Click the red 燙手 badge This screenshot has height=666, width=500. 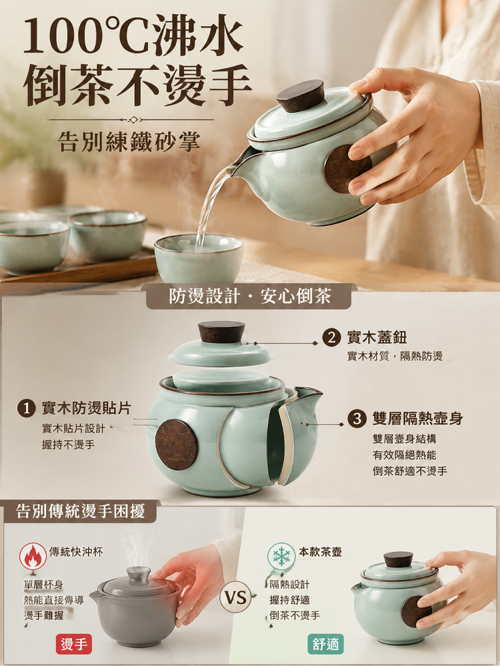pyautogui.click(x=74, y=644)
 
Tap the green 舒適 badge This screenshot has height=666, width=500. pyautogui.click(x=326, y=644)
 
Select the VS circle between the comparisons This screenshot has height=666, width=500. pyautogui.click(x=235, y=598)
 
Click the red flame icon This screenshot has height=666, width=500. pyautogui.click(x=33, y=556)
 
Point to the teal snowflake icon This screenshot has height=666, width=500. pyautogui.click(x=281, y=556)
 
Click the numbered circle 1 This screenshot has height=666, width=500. pyautogui.click(x=27, y=409)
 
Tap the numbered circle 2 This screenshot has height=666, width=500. pyautogui.click(x=331, y=338)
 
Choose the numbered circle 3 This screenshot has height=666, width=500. pyautogui.click(x=357, y=419)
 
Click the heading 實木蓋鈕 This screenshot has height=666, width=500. pyautogui.click(x=377, y=338)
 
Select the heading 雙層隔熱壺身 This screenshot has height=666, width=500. pyautogui.click(x=417, y=419)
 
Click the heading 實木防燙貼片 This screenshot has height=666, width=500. pyautogui.click(x=86, y=409)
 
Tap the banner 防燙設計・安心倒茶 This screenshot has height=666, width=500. pyautogui.click(x=249, y=296)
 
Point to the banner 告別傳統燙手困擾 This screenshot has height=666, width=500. pyautogui.click(x=81, y=511)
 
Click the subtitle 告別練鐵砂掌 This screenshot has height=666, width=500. pyautogui.click(x=129, y=142)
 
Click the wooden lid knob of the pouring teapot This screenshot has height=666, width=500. pyautogui.click(x=301, y=95)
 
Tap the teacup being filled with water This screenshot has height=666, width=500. pyautogui.click(x=199, y=258)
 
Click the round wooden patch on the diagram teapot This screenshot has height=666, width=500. pyautogui.click(x=177, y=444)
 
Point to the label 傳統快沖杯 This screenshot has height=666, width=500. pyautogui.click(x=76, y=551)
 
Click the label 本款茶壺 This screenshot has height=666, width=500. pyautogui.click(x=320, y=551)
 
